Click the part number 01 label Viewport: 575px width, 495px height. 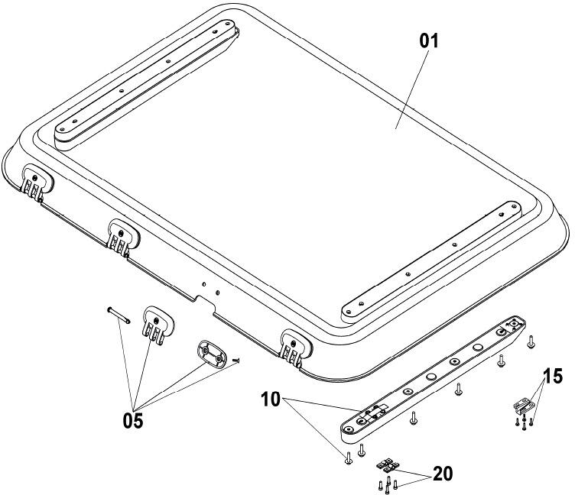428,41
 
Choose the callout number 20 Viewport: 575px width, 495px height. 441,474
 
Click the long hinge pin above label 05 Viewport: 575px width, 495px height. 118,315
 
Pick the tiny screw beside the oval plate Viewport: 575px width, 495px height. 236,360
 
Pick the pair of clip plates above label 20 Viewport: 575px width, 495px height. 388,465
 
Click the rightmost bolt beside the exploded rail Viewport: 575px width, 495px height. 531,343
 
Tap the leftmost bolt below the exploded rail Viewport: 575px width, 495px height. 348,458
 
